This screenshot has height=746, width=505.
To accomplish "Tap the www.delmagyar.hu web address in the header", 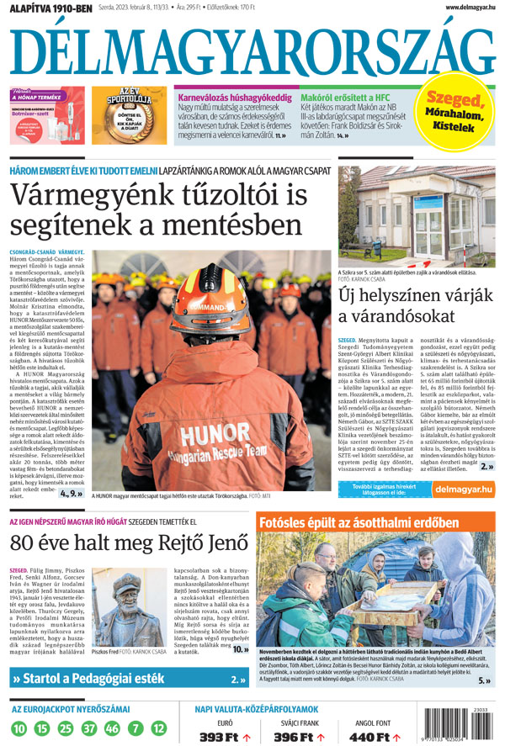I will pos(461,8).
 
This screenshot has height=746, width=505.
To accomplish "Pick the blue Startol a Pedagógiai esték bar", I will pos(126,678).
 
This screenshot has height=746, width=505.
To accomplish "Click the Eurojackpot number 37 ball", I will pos(88,727).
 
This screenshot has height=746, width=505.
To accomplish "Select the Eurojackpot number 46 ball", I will pos(112,727).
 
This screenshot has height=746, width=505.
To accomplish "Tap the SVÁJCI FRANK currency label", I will pos(295,721).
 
